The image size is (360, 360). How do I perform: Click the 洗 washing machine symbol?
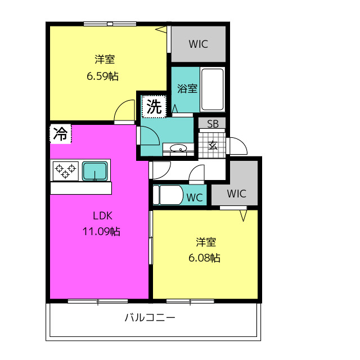[154, 106]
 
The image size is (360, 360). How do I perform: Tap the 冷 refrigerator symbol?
[60, 134]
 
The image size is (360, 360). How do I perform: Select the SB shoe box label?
[213, 124]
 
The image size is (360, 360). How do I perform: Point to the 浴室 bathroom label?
[187, 88]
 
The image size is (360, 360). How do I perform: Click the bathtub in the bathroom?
[212, 89]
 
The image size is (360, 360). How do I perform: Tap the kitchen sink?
[96, 170]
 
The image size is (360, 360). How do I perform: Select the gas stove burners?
[66, 170]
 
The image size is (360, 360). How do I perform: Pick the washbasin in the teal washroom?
[178, 149]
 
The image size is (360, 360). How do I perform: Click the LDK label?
[103, 215]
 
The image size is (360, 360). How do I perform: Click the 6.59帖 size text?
[102, 76]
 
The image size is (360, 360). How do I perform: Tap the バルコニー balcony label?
[150, 318]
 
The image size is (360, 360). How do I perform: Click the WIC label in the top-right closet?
[198, 44]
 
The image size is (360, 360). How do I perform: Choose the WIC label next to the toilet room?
[236, 194]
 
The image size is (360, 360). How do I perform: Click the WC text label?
[195, 197]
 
